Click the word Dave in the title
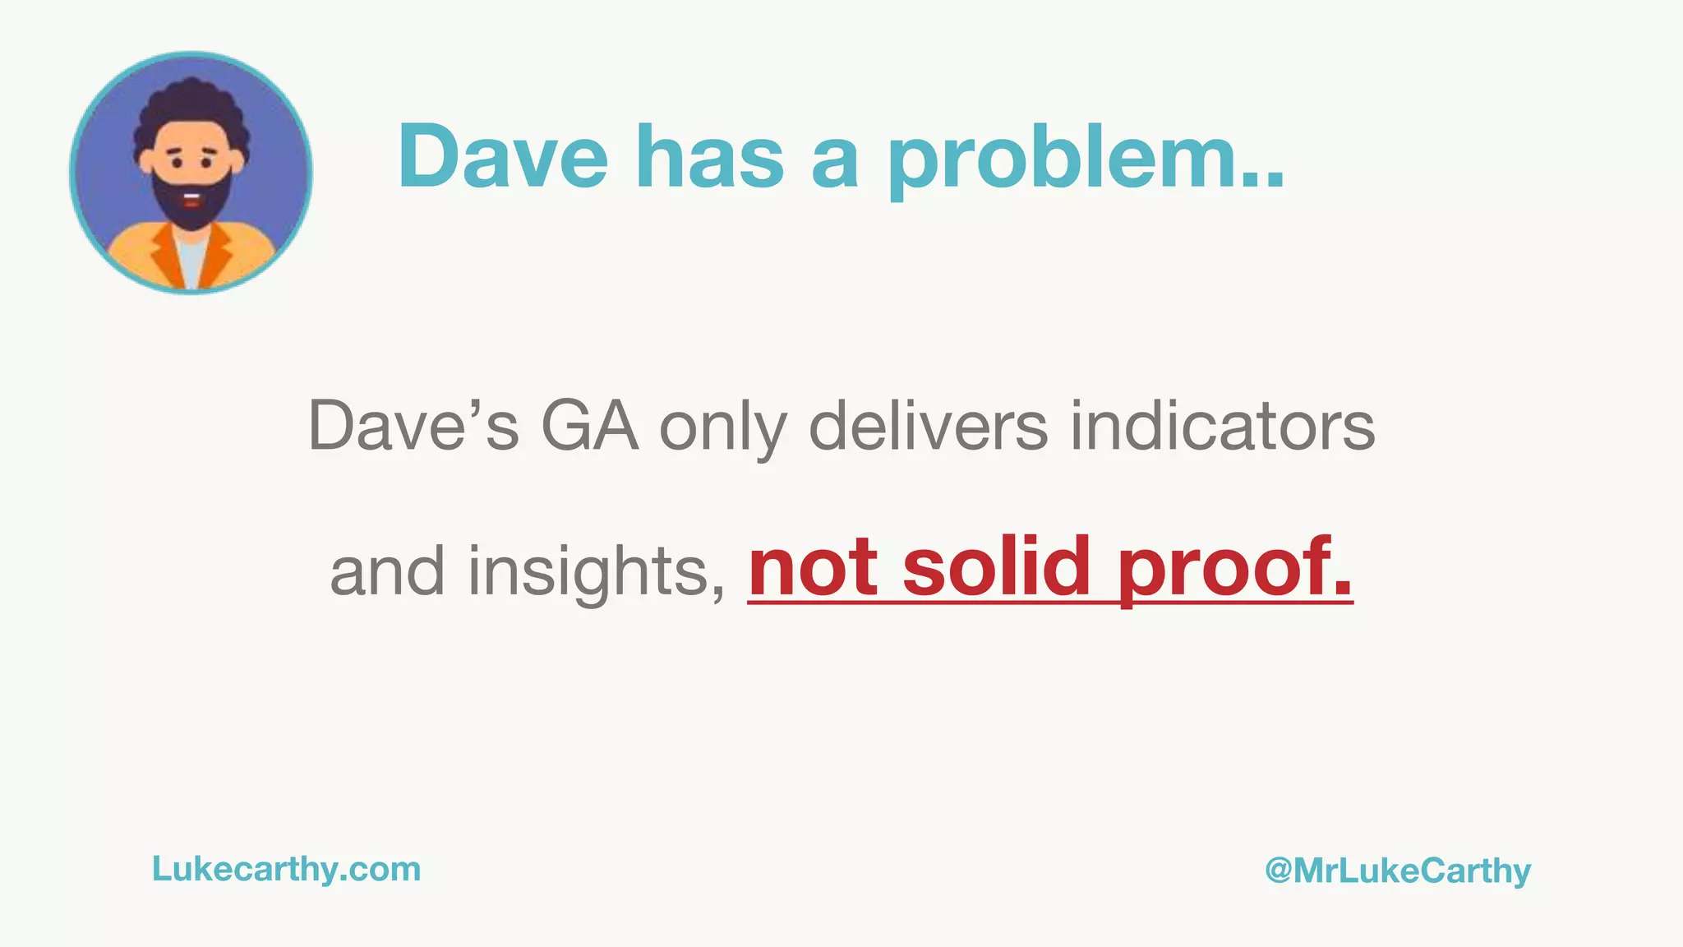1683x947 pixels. pos(503,156)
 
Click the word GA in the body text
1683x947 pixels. pos(589,426)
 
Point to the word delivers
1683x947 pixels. pos(929,426)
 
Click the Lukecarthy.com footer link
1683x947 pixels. pos(286,870)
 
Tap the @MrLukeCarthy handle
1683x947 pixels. pos(1397,871)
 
